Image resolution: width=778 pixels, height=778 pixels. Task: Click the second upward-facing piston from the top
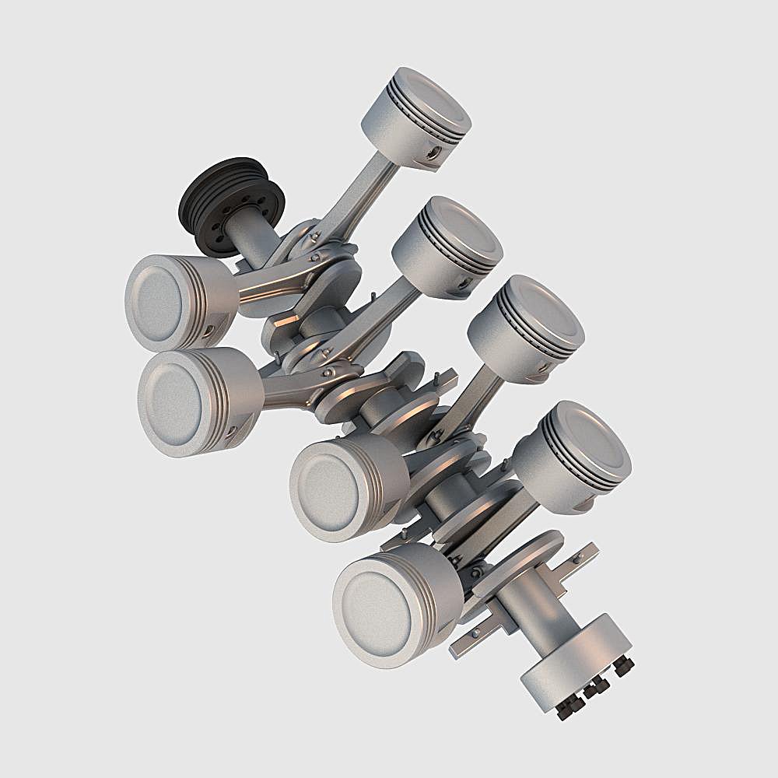pyautogui.click(x=447, y=246)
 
